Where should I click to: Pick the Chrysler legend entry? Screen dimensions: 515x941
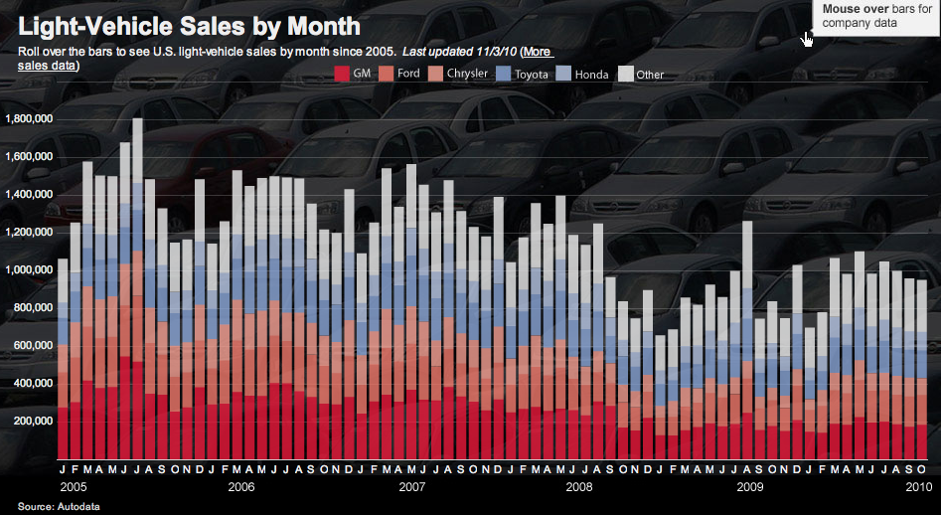click(458, 74)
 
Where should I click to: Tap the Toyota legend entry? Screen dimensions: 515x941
click(523, 74)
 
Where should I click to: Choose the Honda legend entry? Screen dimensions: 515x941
click(583, 74)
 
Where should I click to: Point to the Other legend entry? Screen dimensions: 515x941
click(642, 74)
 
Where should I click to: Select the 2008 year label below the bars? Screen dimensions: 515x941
click(578, 487)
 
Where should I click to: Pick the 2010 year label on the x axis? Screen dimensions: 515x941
click(918, 487)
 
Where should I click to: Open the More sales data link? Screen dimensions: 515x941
click(537, 52)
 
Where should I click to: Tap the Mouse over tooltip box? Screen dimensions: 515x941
click(871, 16)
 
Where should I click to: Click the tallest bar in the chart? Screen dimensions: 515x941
click(137, 298)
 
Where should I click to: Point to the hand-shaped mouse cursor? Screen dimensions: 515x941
click(807, 38)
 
